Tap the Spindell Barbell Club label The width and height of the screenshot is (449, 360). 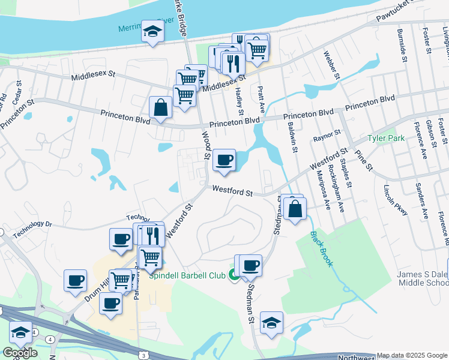(186, 275)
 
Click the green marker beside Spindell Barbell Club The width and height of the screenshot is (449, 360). (233, 275)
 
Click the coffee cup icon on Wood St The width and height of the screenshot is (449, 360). (224, 160)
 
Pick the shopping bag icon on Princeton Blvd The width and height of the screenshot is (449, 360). (161, 108)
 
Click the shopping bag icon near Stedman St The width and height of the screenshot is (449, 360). (295, 209)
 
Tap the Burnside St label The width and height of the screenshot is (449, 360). (402, 45)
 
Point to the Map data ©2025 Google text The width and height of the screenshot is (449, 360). (412, 356)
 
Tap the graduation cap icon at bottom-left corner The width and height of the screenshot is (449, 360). (21, 332)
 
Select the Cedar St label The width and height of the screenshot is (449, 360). (18, 92)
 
